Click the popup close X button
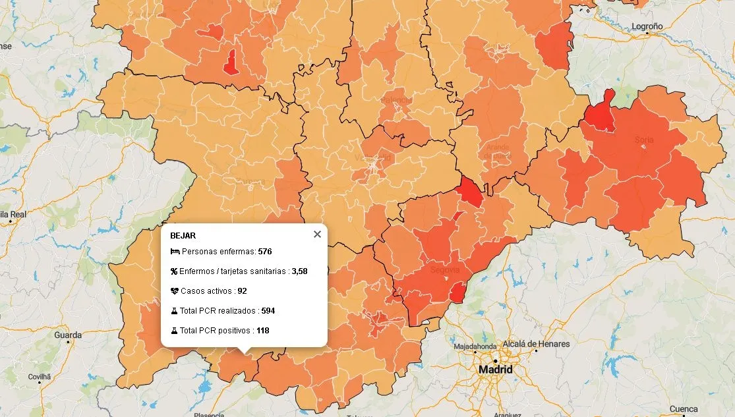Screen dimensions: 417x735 click(x=317, y=235)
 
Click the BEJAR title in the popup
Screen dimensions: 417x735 click(x=183, y=235)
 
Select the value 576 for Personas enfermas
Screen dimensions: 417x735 click(x=265, y=252)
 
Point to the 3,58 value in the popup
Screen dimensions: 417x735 click(x=299, y=271)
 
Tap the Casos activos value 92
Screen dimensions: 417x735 click(x=242, y=291)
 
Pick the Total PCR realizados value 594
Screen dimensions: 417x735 click(x=268, y=310)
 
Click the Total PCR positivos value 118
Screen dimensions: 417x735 click(x=263, y=330)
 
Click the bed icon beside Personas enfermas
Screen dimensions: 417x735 click(x=175, y=252)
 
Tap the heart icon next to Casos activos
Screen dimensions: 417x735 click(x=175, y=291)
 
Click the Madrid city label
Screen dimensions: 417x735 click(x=495, y=370)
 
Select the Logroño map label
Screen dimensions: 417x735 click(x=647, y=26)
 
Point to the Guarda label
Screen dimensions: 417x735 click(x=68, y=335)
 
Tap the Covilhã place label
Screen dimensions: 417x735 click(x=39, y=376)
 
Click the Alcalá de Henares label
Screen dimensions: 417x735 click(x=536, y=344)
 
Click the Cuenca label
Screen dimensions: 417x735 click(x=683, y=409)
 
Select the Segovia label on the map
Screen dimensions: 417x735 click(x=444, y=270)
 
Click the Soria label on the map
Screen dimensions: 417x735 click(x=643, y=140)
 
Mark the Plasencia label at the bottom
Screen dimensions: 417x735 click(x=209, y=414)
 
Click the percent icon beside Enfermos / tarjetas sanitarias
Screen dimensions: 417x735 click(x=175, y=271)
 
